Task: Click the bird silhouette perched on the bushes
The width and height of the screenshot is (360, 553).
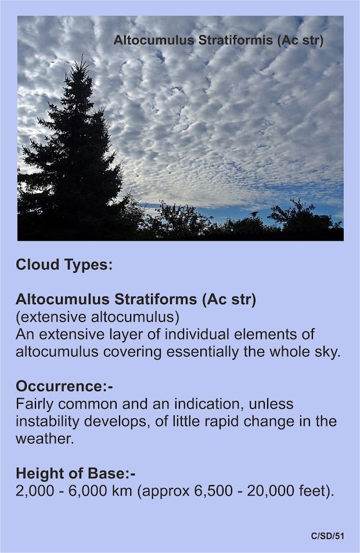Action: (254, 214)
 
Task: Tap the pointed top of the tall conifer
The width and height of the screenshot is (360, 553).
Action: (82, 56)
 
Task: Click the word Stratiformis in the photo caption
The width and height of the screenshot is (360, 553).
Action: (235, 40)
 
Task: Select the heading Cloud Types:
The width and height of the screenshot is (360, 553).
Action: (64, 265)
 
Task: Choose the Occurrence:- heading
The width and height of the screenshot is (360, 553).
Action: (64, 386)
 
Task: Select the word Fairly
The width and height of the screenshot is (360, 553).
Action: (35, 404)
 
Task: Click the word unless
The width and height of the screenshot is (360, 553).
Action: (271, 404)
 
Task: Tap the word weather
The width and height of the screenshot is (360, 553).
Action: (45, 439)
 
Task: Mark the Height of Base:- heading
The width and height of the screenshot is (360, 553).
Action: (75, 474)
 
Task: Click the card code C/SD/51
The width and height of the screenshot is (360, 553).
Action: (327, 536)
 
